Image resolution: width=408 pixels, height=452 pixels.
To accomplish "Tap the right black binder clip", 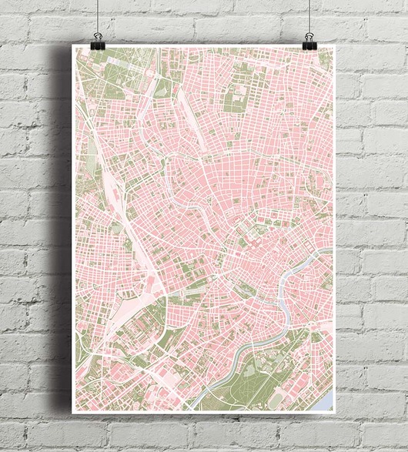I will pos(309,41).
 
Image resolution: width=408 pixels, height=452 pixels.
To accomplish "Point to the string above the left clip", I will pos(98,15).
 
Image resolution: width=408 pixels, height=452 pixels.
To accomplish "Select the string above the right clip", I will pos(309,15).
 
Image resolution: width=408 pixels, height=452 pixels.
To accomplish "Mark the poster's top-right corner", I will pos(335,45).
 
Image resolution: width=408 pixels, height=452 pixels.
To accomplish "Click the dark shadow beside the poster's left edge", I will pos(65,231).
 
